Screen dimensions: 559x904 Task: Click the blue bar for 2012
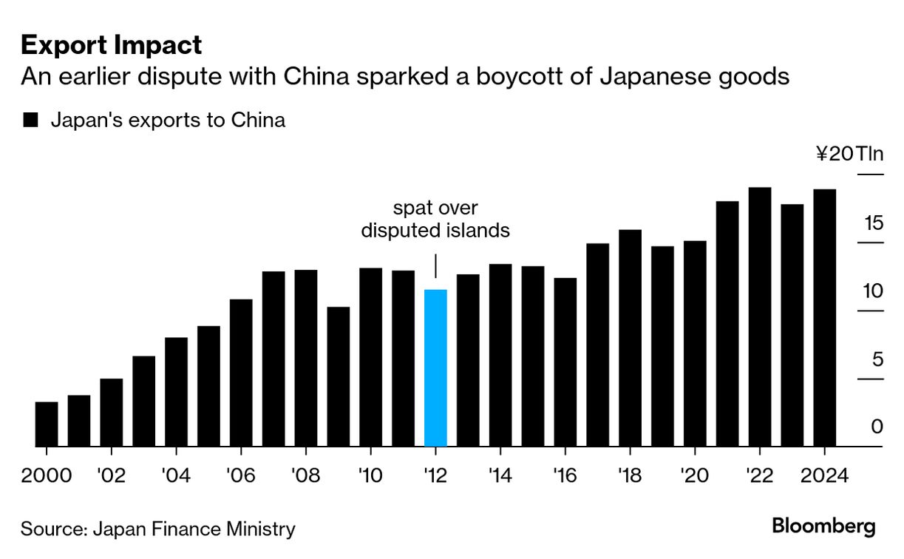(435, 367)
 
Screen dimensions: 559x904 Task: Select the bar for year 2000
(47, 424)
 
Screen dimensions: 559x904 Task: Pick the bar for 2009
(339, 376)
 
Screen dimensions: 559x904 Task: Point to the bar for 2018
(630, 338)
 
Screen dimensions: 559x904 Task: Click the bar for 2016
(565, 362)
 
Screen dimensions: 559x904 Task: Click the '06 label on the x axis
(241, 475)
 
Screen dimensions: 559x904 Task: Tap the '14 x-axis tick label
(500, 475)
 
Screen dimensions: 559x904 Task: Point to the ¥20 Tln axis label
(849, 154)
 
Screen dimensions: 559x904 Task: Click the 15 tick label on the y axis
(873, 223)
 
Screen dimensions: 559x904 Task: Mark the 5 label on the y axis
(877, 359)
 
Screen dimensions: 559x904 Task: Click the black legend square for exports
(30, 121)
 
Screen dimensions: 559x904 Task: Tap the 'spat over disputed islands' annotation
(435, 219)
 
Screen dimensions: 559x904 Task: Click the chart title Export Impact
(111, 46)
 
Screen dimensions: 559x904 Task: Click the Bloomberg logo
(823, 526)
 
